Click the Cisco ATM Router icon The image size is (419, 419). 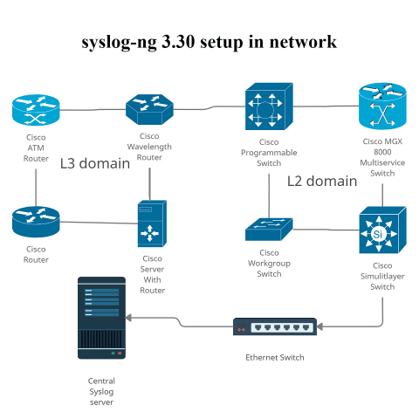(x=36, y=110)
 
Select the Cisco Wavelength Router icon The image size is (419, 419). (x=149, y=110)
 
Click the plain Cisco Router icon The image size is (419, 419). (x=36, y=222)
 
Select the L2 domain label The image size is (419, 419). (x=322, y=182)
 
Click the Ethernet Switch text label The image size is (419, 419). (x=275, y=358)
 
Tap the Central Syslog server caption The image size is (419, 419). (x=101, y=391)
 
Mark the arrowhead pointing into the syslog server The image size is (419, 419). (x=128, y=317)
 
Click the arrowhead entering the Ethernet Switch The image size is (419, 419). (x=320, y=327)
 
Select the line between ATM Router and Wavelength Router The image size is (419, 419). (x=93, y=110)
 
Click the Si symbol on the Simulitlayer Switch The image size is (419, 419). (x=377, y=234)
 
